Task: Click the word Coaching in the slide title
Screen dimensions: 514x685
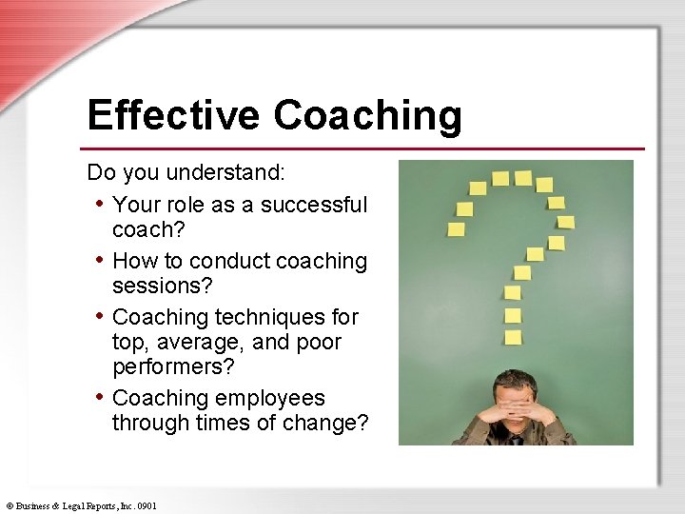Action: coord(368,116)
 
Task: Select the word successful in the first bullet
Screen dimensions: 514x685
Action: coord(314,205)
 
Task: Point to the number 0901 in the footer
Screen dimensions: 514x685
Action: coord(147,505)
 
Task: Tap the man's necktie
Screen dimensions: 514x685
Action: coord(515,440)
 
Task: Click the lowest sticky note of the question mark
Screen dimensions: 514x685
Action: coord(513,337)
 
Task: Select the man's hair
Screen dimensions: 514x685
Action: coord(514,379)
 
